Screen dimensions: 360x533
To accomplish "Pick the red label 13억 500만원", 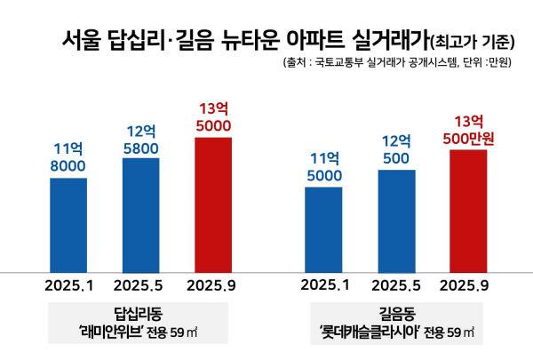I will point(468,130).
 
